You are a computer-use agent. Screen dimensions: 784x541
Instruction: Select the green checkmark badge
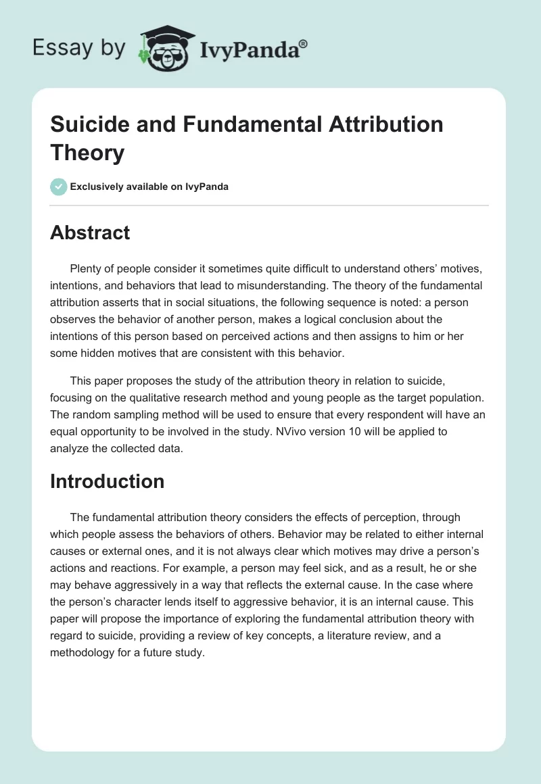click(x=59, y=187)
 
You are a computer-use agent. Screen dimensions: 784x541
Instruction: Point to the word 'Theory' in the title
click(x=87, y=153)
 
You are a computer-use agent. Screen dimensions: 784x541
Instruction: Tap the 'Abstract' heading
click(x=90, y=232)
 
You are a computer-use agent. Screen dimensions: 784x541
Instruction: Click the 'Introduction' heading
click(x=107, y=481)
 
